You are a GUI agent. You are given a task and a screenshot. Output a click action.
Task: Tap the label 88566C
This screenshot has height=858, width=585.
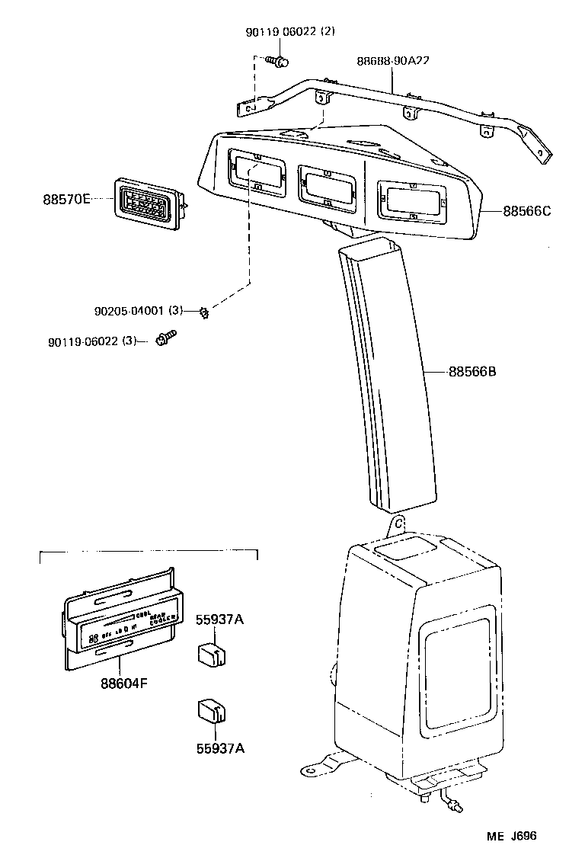[x=526, y=210]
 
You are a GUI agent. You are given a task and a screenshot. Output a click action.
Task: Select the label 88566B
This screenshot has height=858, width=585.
[x=472, y=372]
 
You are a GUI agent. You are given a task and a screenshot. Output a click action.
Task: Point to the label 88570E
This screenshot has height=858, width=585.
[x=66, y=199]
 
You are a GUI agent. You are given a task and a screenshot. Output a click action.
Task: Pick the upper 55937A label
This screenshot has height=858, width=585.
[x=220, y=619]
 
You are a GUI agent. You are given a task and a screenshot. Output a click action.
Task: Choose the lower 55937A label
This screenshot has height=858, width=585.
[x=220, y=748]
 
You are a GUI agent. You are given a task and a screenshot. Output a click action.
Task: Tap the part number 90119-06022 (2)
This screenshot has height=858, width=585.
[x=289, y=31]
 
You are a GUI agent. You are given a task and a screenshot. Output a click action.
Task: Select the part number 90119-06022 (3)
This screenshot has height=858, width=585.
[x=91, y=341]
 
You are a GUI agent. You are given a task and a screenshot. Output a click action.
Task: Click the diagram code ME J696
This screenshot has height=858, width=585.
[x=512, y=836]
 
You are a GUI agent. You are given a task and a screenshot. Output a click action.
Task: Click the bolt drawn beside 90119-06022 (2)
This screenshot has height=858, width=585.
[x=278, y=61]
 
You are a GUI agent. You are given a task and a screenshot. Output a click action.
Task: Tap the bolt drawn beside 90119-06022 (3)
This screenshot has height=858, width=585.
[x=165, y=338]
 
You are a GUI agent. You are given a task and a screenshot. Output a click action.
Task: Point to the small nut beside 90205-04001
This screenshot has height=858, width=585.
[x=204, y=311]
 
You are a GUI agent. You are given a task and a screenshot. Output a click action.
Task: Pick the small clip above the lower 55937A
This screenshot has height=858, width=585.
[x=209, y=710]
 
